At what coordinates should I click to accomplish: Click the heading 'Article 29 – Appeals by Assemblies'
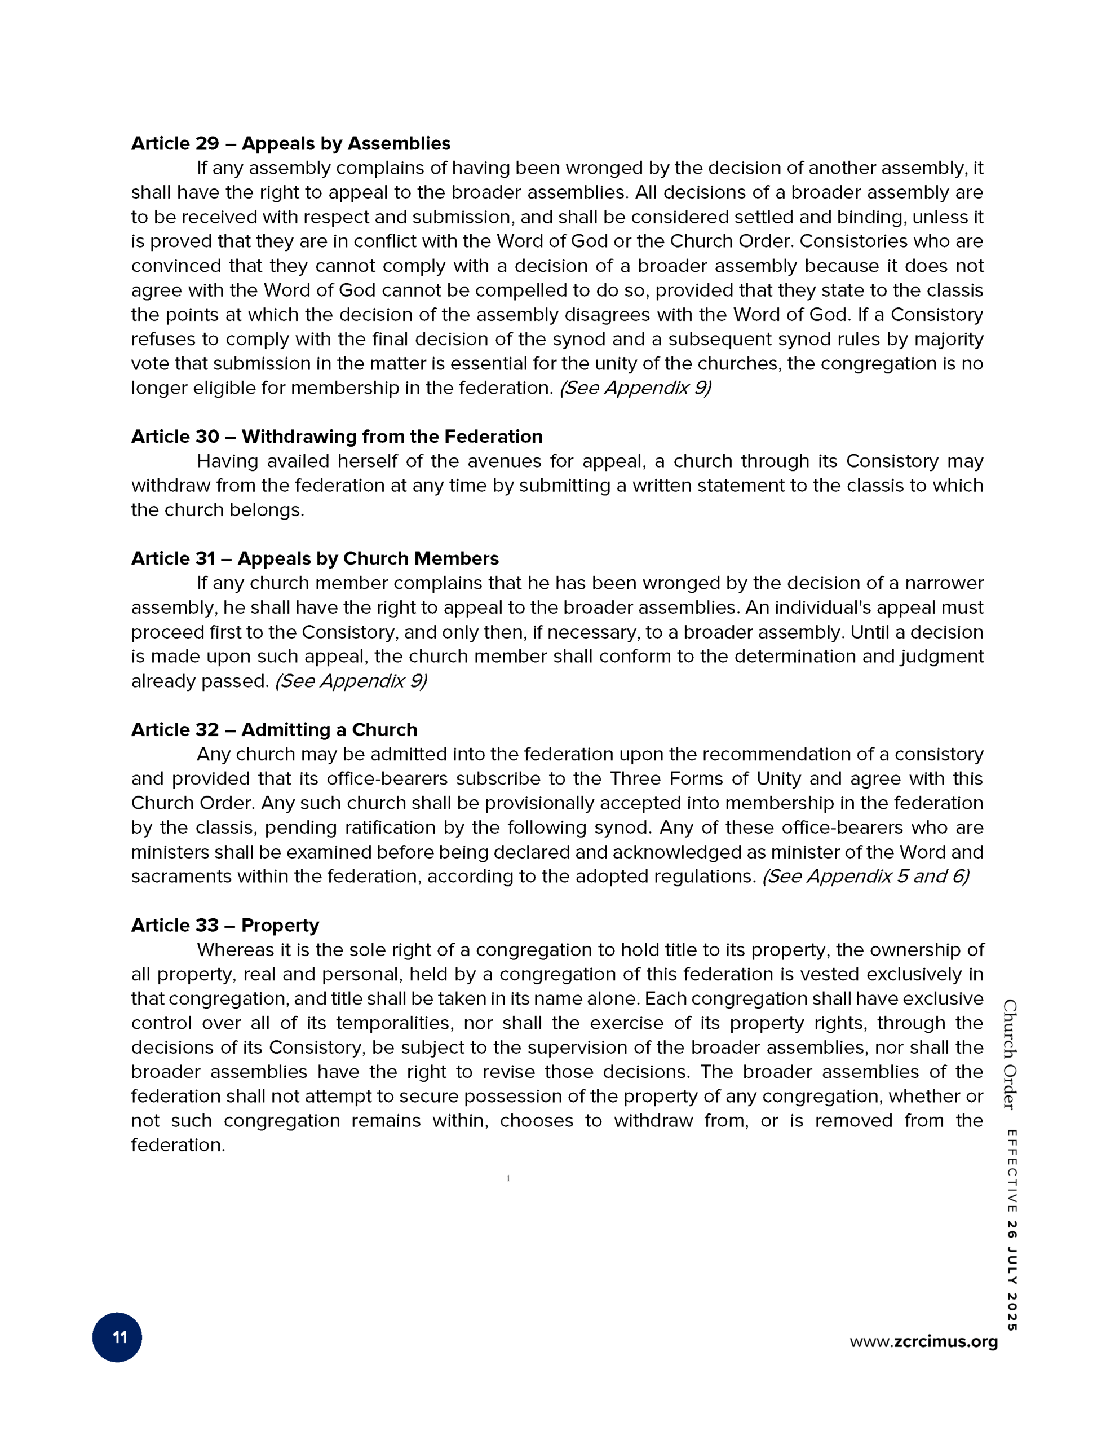(290, 143)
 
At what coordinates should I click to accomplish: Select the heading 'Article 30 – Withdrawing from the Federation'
(337, 437)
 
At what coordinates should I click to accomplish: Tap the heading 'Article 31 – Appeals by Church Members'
(315, 558)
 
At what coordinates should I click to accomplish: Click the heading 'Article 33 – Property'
(225, 925)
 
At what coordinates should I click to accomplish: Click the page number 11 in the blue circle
(118, 1337)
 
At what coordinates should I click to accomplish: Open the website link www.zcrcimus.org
(923, 1341)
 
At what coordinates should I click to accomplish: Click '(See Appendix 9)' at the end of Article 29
(635, 388)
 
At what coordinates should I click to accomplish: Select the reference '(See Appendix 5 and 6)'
(865, 877)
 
